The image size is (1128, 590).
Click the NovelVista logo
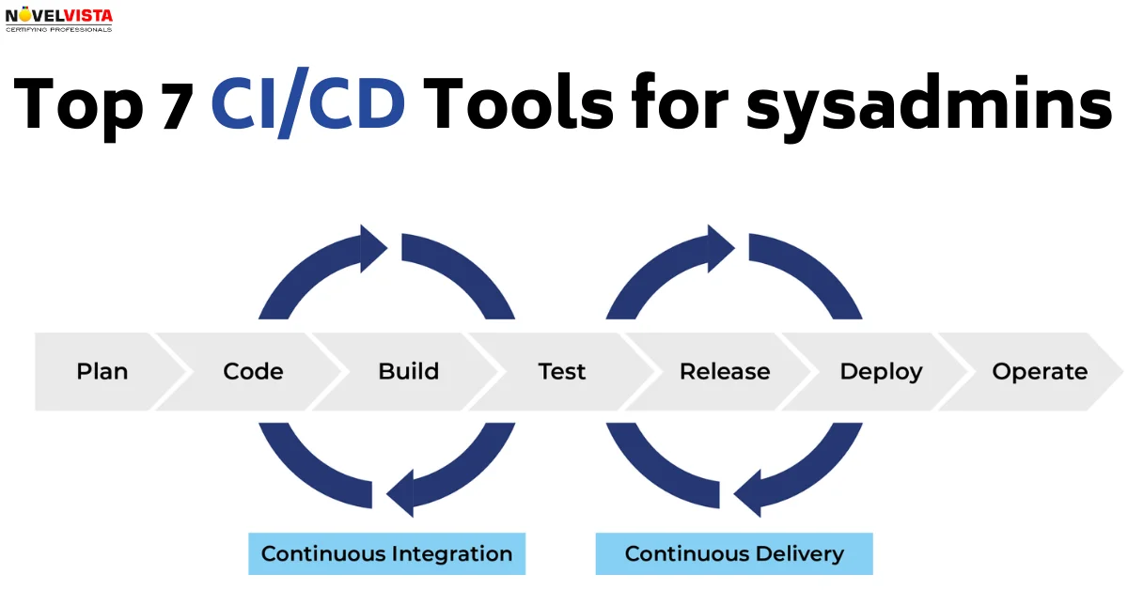tap(58, 19)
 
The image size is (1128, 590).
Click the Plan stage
tap(102, 371)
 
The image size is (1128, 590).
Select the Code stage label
tap(253, 371)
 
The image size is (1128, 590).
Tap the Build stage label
tap(408, 371)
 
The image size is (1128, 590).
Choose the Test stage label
tap(562, 371)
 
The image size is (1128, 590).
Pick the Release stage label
tap(725, 371)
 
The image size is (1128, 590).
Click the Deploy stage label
tap(881, 371)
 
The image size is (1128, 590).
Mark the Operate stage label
tap(1040, 371)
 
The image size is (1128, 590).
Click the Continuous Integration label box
tap(386, 553)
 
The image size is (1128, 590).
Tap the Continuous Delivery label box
tap(734, 553)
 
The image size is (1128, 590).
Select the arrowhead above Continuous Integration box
tap(400, 494)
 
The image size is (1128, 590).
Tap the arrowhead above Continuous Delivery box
tap(748, 494)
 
